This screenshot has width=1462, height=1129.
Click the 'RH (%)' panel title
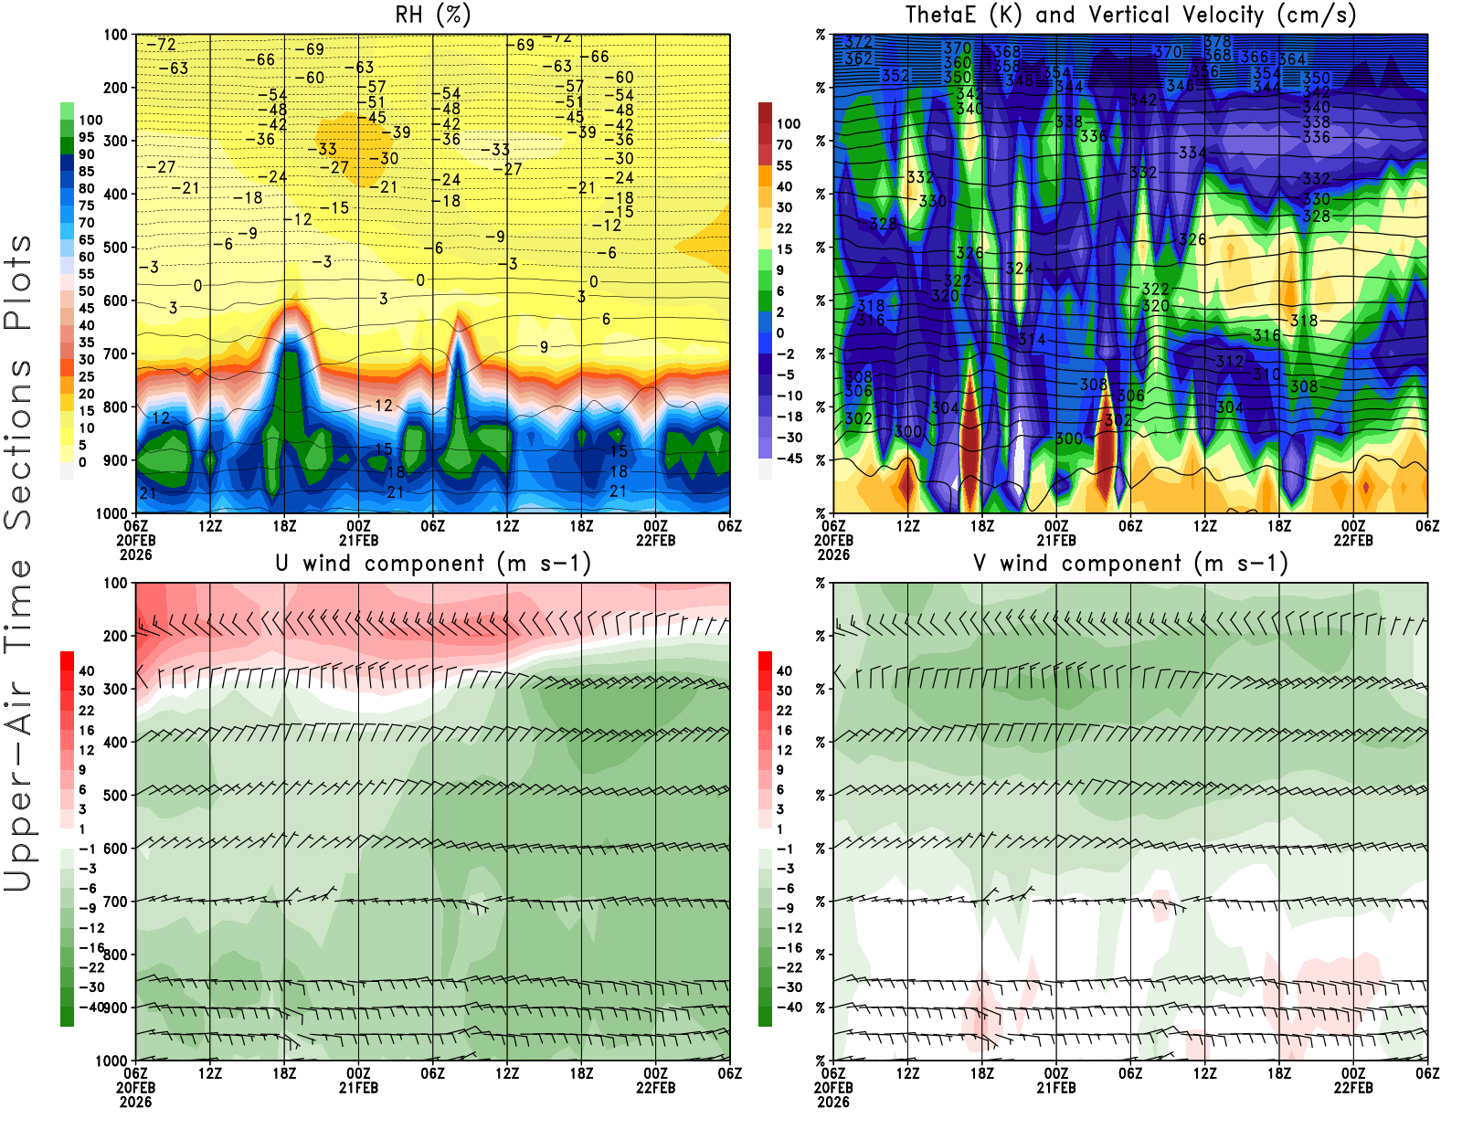(x=433, y=15)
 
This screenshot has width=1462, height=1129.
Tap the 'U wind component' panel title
(x=433, y=563)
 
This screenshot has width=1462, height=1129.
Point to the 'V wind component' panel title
(x=1130, y=563)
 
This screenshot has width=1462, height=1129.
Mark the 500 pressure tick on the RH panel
(x=115, y=248)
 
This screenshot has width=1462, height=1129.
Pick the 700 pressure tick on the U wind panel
(x=115, y=902)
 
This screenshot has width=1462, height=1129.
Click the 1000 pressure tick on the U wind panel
(x=111, y=1060)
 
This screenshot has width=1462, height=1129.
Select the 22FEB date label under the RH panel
(x=656, y=540)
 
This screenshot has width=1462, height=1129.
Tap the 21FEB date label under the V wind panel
(x=1056, y=1088)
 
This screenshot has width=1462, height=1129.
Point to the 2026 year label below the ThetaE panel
(x=833, y=554)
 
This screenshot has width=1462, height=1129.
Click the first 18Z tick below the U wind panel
(x=284, y=1073)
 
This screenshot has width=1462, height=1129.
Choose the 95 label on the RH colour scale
(x=86, y=137)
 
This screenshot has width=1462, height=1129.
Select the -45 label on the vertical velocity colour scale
(x=789, y=459)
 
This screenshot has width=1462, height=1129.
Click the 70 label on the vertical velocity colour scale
(x=784, y=144)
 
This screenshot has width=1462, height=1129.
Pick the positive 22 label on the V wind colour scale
(x=784, y=710)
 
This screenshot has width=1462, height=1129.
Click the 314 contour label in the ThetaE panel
(x=1032, y=339)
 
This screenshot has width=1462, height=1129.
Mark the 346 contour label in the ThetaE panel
(x=1180, y=86)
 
